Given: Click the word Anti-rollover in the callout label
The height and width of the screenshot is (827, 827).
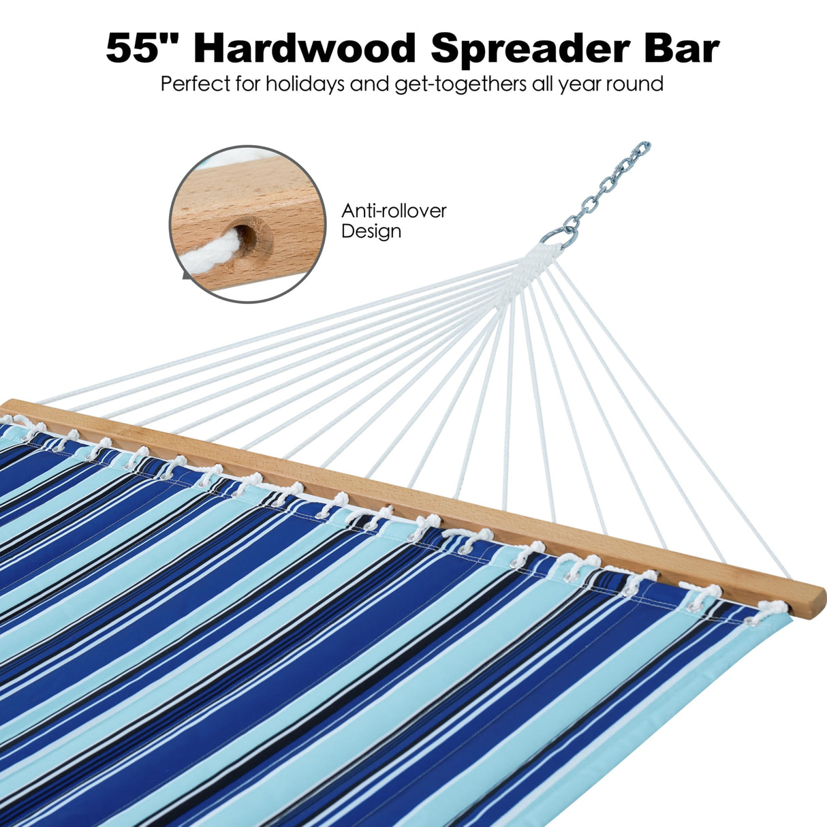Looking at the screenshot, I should (x=394, y=210).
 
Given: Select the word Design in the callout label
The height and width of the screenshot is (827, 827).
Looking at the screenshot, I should (x=371, y=231).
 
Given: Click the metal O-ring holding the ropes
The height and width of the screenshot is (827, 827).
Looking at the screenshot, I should (x=560, y=236).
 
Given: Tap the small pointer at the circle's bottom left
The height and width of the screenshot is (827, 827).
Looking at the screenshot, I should (x=186, y=276).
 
